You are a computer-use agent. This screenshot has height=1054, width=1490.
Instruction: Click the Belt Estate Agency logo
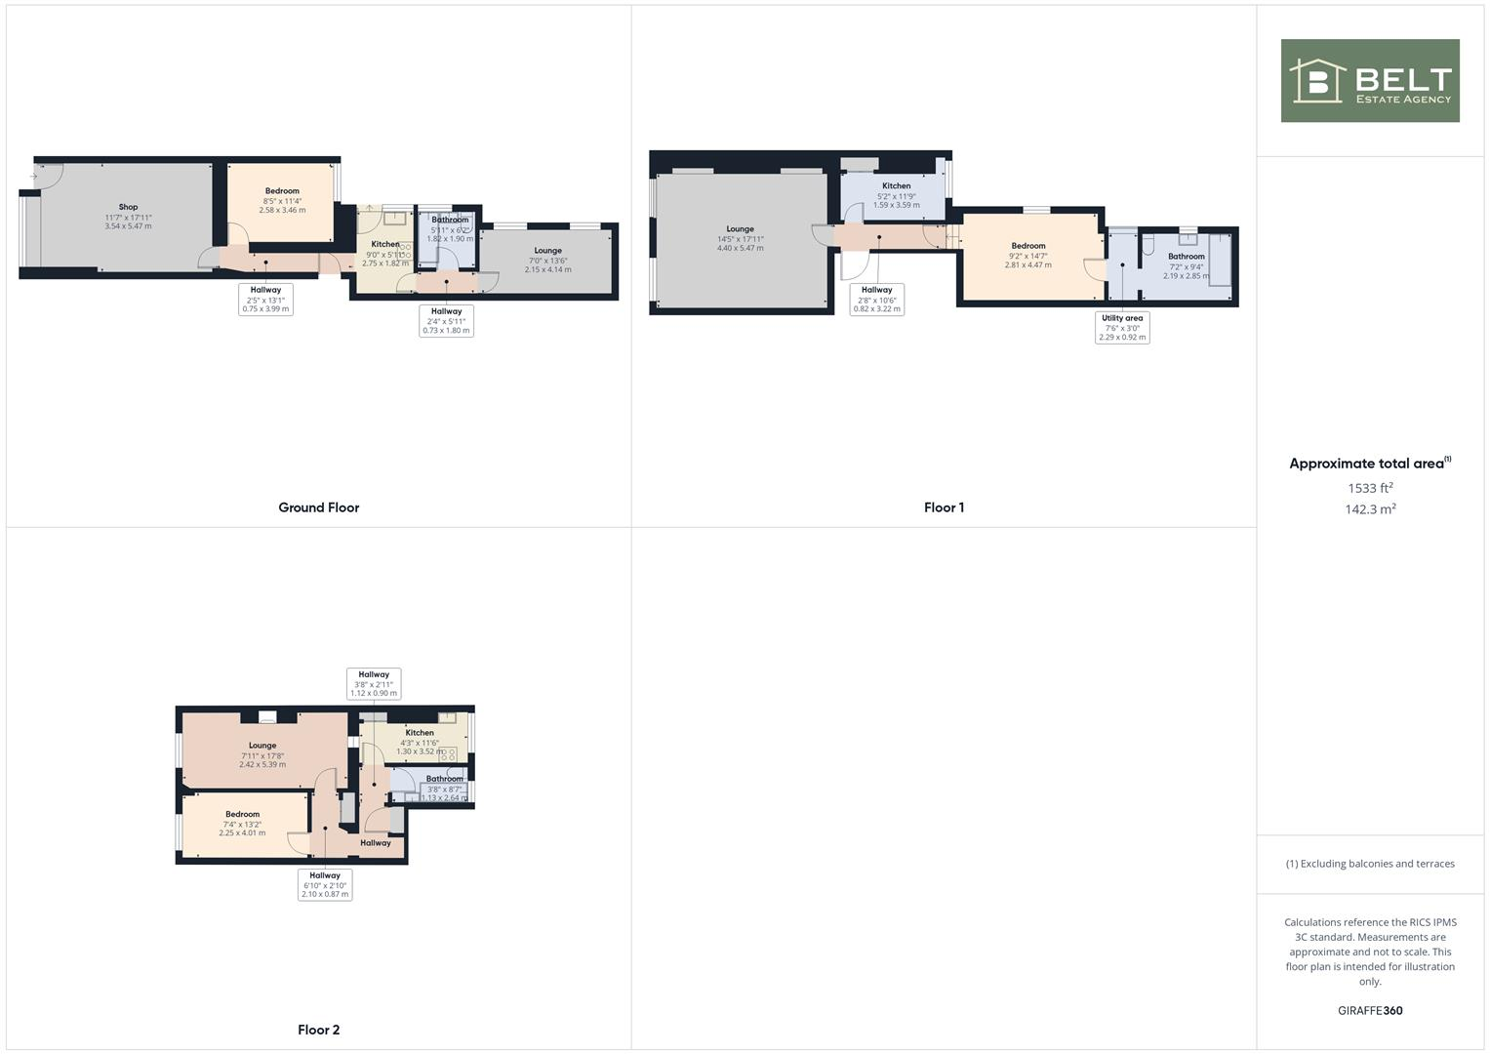click(1369, 81)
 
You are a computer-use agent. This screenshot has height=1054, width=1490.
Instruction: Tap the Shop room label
click(128, 207)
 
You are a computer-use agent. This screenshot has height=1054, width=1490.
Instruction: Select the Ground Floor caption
click(319, 507)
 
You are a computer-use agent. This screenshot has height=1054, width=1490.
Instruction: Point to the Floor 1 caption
click(944, 507)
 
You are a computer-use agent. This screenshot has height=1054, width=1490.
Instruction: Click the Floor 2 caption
click(319, 1030)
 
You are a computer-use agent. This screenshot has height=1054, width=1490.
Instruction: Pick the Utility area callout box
click(1121, 328)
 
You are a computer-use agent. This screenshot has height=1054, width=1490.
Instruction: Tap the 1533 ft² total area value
click(1370, 488)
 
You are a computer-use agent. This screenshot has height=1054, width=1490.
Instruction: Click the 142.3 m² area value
click(1370, 509)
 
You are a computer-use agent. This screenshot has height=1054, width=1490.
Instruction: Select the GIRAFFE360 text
click(1370, 1010)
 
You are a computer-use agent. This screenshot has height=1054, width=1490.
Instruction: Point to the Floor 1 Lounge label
click(740, 229)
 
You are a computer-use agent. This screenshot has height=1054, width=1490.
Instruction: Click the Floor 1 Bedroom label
click(1028, 246)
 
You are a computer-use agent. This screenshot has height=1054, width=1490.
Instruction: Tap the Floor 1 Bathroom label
click(1186, 257)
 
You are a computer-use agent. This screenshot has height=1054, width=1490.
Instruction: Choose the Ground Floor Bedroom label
click(282, 191)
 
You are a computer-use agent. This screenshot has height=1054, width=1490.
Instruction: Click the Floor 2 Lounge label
click(262, 746)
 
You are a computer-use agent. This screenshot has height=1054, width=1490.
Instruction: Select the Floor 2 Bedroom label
click(242, 815)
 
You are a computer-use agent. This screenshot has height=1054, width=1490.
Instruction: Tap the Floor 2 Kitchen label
click(420, 733)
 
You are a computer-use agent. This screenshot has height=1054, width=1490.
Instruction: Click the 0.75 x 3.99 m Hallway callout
click(265, 300)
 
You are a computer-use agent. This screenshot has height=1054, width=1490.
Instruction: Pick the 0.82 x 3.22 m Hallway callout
click(876, 300)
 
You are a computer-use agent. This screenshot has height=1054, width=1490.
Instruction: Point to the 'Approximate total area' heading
click(1366, 464)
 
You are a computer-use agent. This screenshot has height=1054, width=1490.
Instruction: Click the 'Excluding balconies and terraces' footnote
click(1370, 864)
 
